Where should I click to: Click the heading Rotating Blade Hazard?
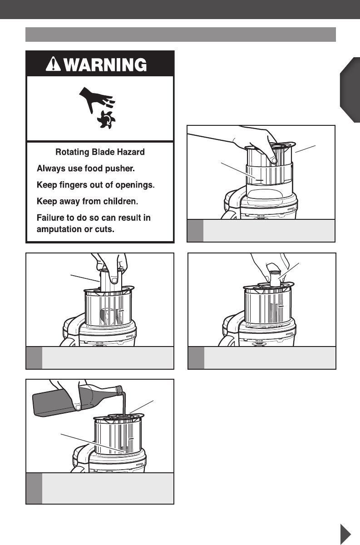coord(100,153)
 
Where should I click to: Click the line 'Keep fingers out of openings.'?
coord(96,185)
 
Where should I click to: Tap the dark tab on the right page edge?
coord(350,90)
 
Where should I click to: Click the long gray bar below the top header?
coord(180,35)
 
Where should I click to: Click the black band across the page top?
coord(180,10)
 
